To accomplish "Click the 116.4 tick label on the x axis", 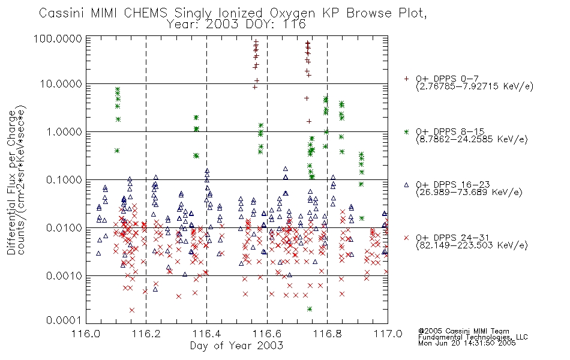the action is pyautogui.click(x=207, y=334).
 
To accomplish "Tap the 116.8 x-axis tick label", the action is pyautogui.click(x=328, y=334).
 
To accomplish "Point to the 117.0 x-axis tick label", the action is pyautogui.click(x=388, y=334).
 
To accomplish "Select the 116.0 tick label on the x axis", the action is pyautogui.click(x=86, y=334).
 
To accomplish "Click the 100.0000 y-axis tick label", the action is pyautogui.click(x=58, y=38).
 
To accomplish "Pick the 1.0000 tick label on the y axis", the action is pyautogui.click(x=64, y=131).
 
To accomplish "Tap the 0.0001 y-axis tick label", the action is pyautogui.click(x=64, y=320).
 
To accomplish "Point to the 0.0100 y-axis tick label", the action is pyautogui.click(x=64, y=228).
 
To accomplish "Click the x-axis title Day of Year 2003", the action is pyautogui.click(x=236, y=346).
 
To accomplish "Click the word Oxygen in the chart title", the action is pyautogui.click(x=293, y=13).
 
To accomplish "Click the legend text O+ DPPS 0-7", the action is pyautogui.click(x=447, y=79).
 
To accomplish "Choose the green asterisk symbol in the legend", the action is pyautogui.click(x=406, y=132).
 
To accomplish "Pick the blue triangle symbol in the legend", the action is pyautogui.click(x=406, y=185).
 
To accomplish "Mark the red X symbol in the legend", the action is pyautogui.click(x=406, y=238).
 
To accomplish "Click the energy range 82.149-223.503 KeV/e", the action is pyautogui.click(x=472, y=245).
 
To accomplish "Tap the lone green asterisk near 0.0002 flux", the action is pyautogui.click(x=310, y=309).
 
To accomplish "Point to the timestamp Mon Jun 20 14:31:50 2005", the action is pyautogui.click(x=467, y=343).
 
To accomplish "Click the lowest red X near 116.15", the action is pyautogui.click(x=132, y=310).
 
